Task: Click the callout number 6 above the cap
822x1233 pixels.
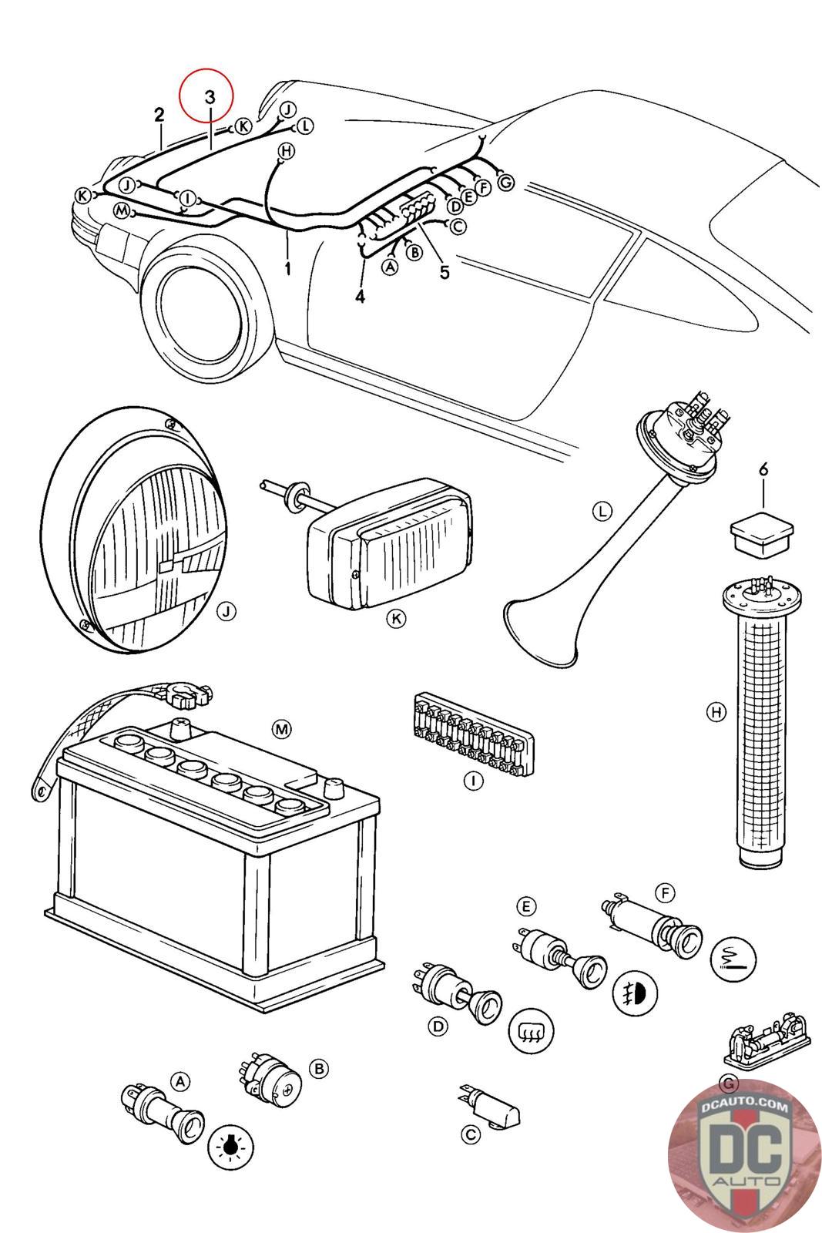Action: tap(763, 469)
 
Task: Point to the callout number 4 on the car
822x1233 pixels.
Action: tap(361, 296)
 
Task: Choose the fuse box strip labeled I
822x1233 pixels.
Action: tap(471, 732)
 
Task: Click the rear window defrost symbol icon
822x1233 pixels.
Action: tap(532, 1029)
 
